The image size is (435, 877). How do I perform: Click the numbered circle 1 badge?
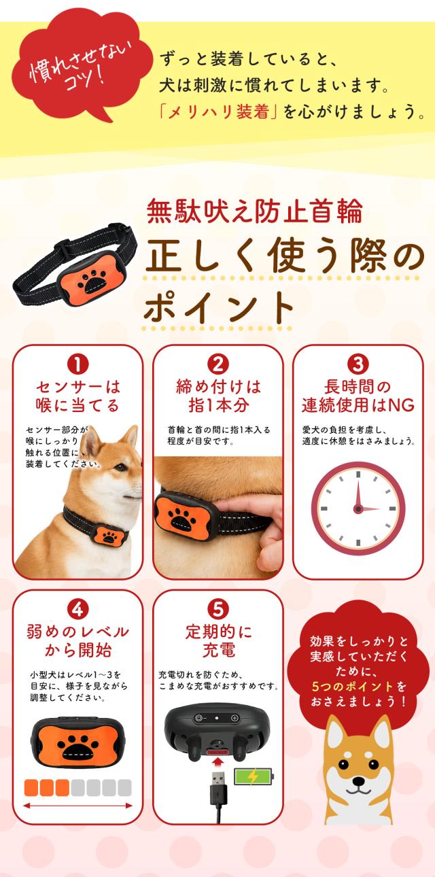(x=77, y=365)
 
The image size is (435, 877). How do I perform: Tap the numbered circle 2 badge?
(x=217, y=365)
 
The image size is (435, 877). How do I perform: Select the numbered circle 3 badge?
(x=358, y=365)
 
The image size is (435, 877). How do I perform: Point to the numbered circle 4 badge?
(x=77, y=610)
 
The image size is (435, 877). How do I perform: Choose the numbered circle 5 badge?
(x=217, y=610)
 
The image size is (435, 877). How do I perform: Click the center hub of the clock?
(x=358, y=509)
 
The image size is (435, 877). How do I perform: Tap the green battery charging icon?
(x=254, y=776)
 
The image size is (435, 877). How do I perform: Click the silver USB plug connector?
(x=218, y=782)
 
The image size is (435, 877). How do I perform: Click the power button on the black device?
(x=199, y=718)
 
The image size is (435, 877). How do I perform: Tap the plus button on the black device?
(x=234, y=718)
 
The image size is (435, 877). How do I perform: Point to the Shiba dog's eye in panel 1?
(x=120, y=467)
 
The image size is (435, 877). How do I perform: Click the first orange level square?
(x=31, y=788)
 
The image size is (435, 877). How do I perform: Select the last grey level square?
(x=124, y=788)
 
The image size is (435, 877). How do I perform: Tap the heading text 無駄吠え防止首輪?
(x=254, y=211)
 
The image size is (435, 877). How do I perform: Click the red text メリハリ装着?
(x=218, y=112)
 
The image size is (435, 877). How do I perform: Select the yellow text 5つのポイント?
(x=352, y=687)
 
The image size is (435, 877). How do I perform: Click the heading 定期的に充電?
(x=218, y=640)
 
